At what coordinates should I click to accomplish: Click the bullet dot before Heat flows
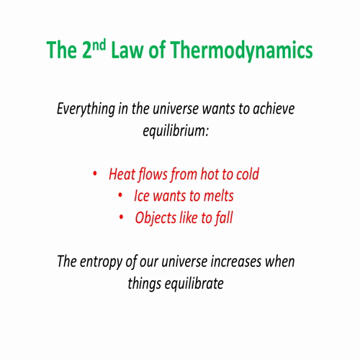coord(96,174)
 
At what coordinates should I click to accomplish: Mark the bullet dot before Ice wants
coord(122,196)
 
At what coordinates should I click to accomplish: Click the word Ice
coord(142,196)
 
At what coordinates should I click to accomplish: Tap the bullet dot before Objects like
coord(122,217)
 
